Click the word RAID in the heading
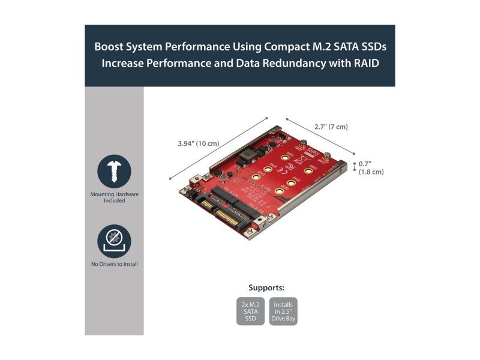(x=365, y=63)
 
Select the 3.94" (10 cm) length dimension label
(x=199, y=144)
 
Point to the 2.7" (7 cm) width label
(x=331, y=127)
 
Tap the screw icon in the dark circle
(x=114, y=172)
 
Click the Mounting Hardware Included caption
(x=114, y=197)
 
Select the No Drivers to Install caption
(x=114, y=264)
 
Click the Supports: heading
(x=266, y=287)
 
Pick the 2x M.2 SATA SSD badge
(x=251, y=311)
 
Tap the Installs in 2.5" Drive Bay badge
(x=283, y=311)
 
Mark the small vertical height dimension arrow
(x=353, y=167)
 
